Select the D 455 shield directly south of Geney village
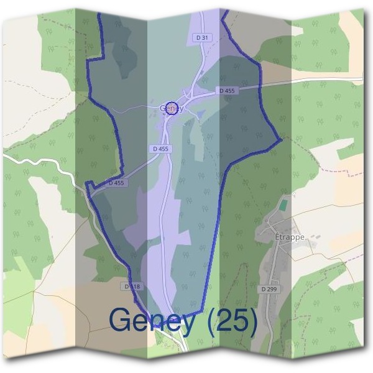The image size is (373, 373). [x=160, y=149]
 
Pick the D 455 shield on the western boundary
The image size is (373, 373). [x=116, y=183]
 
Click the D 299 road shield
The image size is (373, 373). [x=269, y=289]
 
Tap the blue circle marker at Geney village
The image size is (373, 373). [x=173, y=108]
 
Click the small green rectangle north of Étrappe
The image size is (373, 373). [x=283, y=204]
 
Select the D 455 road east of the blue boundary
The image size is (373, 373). [x=311, y=81]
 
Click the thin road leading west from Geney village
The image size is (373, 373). [x=134, y=109]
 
